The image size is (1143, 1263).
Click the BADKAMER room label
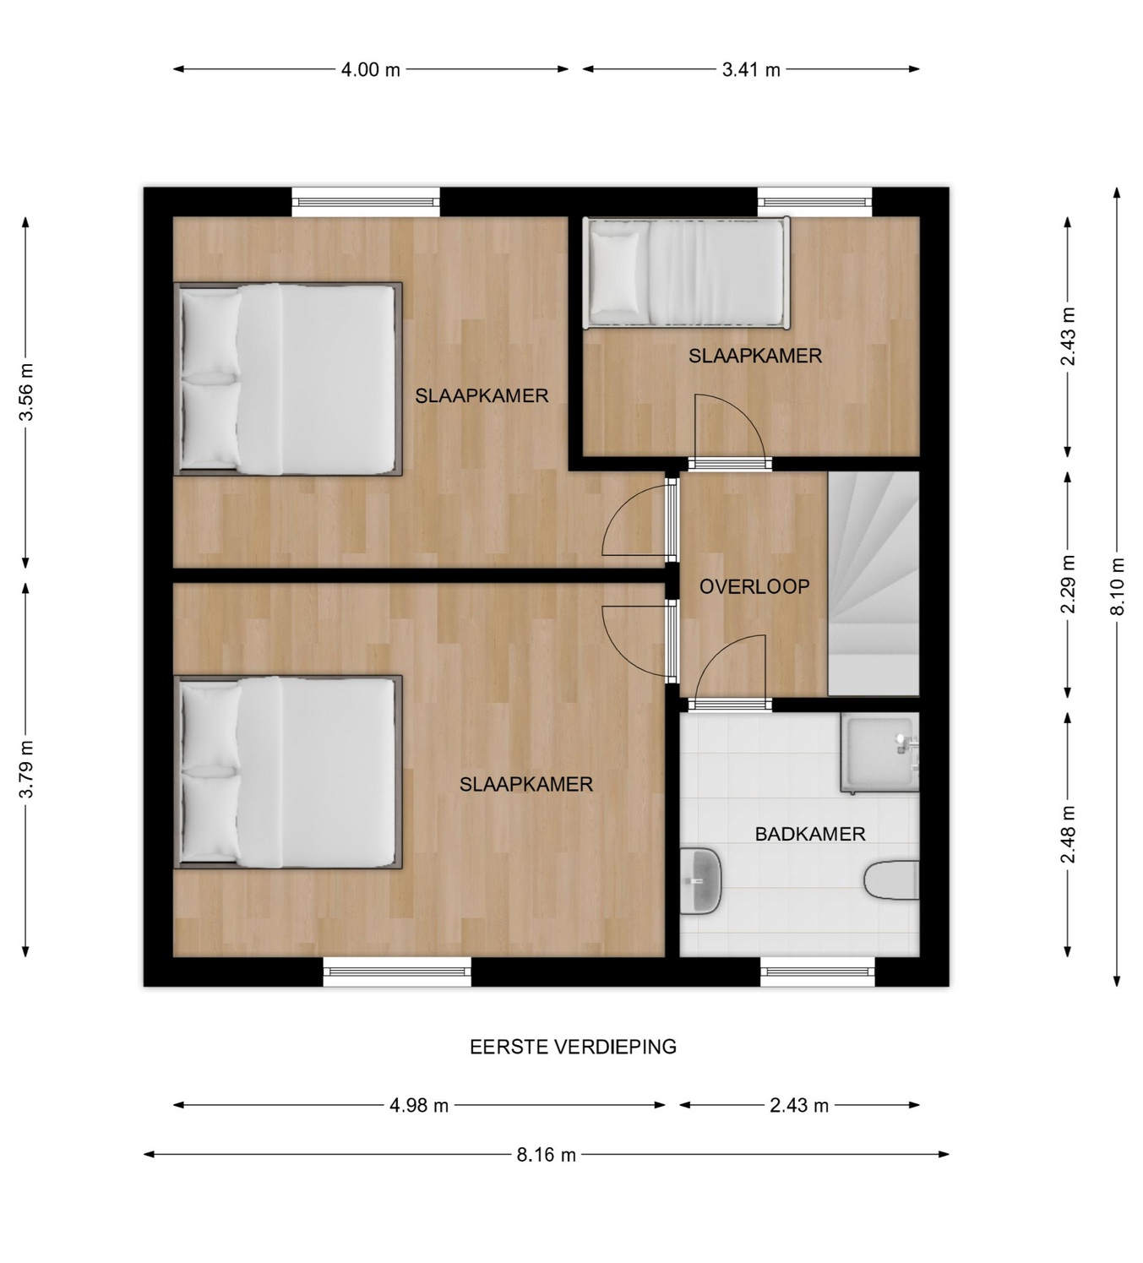[810, 834]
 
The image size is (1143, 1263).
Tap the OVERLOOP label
[754, 587]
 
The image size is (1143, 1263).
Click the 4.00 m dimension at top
[370, 69]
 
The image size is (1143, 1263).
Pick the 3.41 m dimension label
[751, 69]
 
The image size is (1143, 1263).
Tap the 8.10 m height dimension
[1118, 587]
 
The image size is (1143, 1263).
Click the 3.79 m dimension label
[26, 769]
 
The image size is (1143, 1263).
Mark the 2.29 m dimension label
[1068, 585]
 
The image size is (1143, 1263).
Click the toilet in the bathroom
[891, 880]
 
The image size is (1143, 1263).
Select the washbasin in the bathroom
[701, 881]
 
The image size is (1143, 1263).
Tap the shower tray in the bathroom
[879, 754]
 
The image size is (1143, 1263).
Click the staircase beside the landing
[874, 584]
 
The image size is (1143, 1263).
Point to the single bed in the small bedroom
[687, 273]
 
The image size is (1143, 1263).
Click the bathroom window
[818, 972]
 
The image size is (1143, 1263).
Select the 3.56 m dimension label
[26, 392]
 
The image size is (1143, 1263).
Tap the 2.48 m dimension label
[1068, 835]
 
